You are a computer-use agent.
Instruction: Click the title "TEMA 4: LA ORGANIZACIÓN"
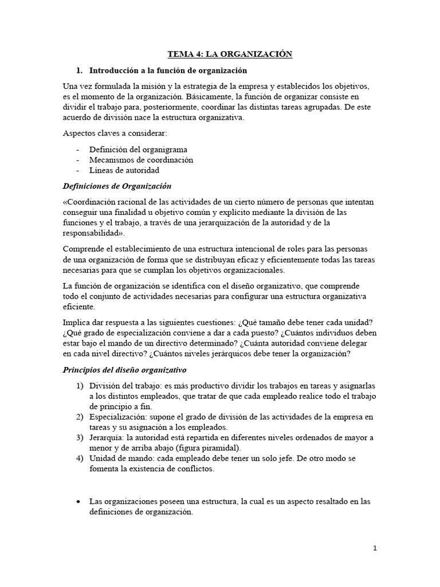coord(230,54)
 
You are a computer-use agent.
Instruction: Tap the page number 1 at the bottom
coord(375,548)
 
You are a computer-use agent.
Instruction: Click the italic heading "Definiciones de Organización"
coord(117,186)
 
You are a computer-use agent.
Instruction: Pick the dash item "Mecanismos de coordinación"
coord(141,159)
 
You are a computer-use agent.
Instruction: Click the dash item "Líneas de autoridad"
coord(124,170)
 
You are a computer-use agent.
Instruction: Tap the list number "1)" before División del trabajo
coord(80,385)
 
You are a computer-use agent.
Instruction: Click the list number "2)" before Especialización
coord(80,416)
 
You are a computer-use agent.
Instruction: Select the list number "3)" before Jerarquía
coord(80,437)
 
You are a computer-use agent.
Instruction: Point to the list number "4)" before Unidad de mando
coord(80,458)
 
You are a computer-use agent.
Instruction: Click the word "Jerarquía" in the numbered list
coord(107,437)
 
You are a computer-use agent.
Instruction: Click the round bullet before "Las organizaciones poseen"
coord(78,502)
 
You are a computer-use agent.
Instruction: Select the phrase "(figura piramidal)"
coord(204,447)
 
